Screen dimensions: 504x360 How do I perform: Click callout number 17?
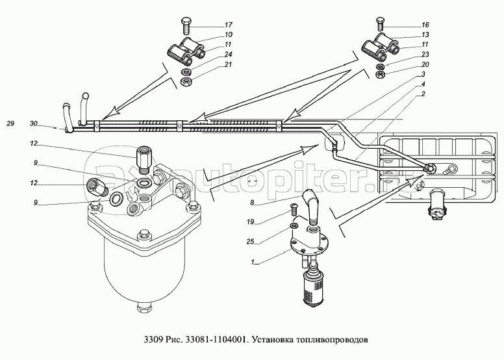pyautogui.click(x=228, y=25)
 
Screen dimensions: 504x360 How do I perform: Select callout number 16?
pyautogui.click(x=425, y=25)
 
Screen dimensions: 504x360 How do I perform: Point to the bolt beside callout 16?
pyautogui.click(x=380, y=25)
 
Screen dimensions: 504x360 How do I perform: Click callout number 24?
pyautogui.click(x=228, y=54)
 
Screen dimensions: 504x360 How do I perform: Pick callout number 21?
pyautogui.click(x=228, y=64)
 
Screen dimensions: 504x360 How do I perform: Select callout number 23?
pyautogui.click(x=425, y=55)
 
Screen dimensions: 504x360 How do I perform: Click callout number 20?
pyautogui.click(x=425, y=64)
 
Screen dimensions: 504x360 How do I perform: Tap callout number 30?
pyautogui.click(x=34, y=123)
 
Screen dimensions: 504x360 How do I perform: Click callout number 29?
pyautogui.click(x=10, y=123)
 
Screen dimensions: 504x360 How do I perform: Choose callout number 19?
pyautogui.click(x=251, y=222)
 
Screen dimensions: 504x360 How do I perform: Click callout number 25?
pyautogui.click(x=251, y=242)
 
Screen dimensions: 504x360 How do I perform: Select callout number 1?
pyautogui.click(x=253, y=262)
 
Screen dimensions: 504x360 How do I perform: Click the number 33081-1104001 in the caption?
pyautogui.click(x=215, y=340)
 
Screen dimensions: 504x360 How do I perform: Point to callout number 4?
pyautogui.click(x=423, y=84)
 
